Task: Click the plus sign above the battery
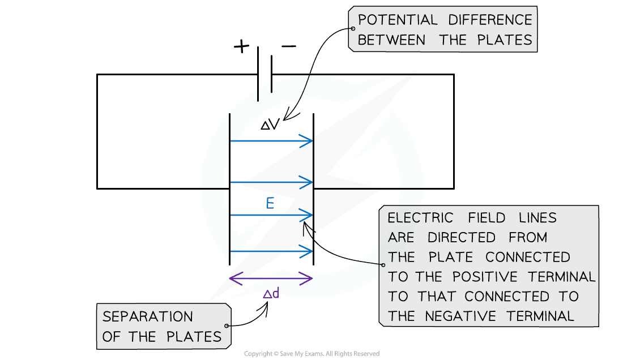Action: coord(241,46)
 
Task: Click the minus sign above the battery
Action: coord(288,46)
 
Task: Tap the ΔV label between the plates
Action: coord(270,125)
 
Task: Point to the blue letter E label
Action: coord(270,204)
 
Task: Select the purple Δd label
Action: coord(271,293)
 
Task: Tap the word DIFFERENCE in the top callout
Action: coord(490,21)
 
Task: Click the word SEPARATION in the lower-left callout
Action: coord(148,316)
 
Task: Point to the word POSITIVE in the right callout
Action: coord(490,277)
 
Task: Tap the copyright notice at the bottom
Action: coord(311,354)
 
